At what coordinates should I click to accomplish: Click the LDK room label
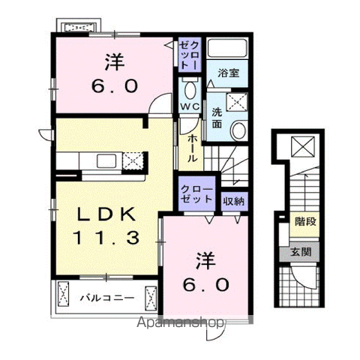click(x=106, y=214)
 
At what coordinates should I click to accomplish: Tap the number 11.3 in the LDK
click(x=106, y=238)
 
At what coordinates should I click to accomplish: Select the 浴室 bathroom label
click(x=229, y=73)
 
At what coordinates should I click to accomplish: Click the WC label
click(x=190, y=106)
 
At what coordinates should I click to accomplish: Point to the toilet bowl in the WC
click(x=190, y=89)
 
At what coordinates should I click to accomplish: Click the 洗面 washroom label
click(x=217, y=118)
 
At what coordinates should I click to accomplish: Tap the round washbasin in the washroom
click(x=238, y=130)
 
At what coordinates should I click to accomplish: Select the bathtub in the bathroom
click(x=227, y=48)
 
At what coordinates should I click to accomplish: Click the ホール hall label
click(x=192, y=148)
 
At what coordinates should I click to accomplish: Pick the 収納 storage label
click(x=234, y=201)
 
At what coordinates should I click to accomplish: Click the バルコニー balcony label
click(x=107, y=298)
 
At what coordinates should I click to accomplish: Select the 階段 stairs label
click(x=305, y=221)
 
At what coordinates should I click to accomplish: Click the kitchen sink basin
click(x=106, y=161)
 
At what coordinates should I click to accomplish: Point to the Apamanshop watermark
click(x=180, y=322)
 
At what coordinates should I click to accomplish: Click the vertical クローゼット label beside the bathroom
click(x=190, y=55)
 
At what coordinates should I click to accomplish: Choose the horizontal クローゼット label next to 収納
click(x=196, y=194)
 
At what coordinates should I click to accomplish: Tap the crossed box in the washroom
click(x=237, y=102)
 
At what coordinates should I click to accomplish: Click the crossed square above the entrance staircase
click(x=303, y=146)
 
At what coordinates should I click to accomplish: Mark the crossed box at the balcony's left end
click(x=63, y=294)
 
